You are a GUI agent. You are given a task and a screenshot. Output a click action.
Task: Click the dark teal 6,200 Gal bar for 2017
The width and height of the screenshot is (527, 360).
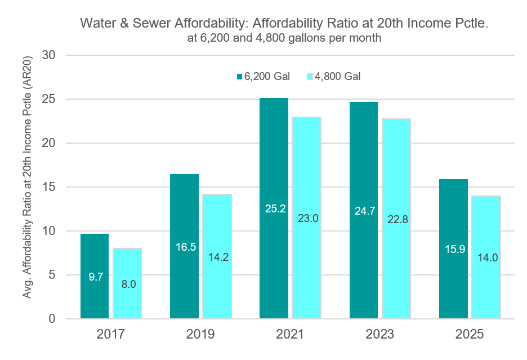coord(95,276)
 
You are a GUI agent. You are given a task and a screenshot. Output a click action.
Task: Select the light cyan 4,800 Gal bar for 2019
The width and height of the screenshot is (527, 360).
coord(217,256)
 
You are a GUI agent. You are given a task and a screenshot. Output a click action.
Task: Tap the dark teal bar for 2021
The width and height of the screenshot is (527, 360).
coord(274,208)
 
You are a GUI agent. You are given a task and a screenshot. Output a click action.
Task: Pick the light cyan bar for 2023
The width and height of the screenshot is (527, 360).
coord(396,219)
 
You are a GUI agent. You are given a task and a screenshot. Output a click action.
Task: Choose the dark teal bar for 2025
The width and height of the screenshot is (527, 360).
coord(453,248)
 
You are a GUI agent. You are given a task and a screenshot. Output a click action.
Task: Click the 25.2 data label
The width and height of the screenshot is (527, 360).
coord(275,208)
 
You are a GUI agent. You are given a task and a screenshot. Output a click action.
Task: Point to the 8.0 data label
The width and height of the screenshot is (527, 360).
coord(129,285)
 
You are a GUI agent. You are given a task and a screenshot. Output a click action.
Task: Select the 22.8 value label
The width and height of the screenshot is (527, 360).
coord(398,219)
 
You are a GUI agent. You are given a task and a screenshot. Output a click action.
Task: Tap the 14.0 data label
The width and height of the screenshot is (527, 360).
coord(488,257)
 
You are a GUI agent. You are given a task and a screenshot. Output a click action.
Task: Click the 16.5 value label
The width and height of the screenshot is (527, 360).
coord(186,247)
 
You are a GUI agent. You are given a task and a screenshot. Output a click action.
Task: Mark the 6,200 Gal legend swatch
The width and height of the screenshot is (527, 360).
coord(240,77)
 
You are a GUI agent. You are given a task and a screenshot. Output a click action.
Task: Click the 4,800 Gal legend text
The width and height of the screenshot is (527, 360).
coord(337,77)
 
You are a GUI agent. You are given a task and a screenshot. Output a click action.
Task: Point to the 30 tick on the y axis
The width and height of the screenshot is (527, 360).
coord(49,55)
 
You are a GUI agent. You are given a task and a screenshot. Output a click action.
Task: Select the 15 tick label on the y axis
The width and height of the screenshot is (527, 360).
coord(49,186)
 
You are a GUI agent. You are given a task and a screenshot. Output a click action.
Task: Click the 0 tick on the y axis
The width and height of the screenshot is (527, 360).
coord(52,318)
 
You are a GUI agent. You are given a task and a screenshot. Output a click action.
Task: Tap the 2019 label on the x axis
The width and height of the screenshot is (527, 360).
coord(200,334)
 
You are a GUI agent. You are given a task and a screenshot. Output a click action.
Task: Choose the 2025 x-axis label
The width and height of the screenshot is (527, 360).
coord(470,334)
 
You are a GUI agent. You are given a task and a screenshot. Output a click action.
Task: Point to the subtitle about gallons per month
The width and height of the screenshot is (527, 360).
coord(284,38)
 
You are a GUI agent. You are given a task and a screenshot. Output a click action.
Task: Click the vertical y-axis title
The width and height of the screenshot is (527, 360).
coord(27,177)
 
